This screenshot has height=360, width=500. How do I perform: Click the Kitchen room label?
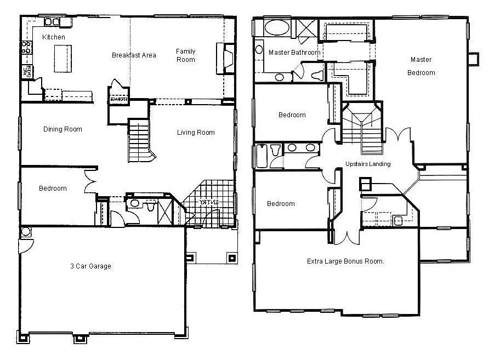54,37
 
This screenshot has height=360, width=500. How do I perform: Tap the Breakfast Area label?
134,55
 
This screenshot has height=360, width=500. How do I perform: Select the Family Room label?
185,55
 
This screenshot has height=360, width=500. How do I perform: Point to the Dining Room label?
63,129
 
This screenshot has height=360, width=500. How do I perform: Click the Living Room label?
196,133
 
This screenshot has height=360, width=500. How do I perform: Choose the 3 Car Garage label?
90,266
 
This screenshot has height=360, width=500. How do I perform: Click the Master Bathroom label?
294,53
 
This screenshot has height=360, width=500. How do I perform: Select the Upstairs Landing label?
368,164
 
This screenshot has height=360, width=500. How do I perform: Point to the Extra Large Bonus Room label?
345,261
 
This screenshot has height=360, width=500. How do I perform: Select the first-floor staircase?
139,140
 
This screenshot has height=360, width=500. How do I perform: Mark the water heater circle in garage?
25,232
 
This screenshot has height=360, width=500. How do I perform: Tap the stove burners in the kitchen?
25,48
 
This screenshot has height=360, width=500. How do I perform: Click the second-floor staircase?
362,130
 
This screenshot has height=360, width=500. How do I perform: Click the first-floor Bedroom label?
53,188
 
